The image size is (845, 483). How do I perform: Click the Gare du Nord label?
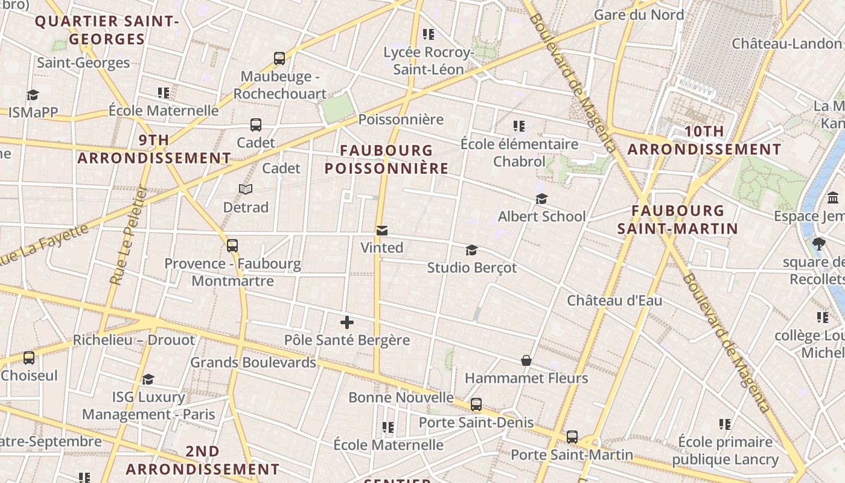[x=639, y=14]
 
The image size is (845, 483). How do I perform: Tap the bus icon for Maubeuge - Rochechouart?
[x=279, y=59]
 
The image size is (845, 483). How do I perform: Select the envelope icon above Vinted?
[x=382, y=231]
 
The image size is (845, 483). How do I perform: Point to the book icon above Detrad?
[x=245, y=190]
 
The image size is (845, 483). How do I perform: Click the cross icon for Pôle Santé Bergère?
[x=347, y=322]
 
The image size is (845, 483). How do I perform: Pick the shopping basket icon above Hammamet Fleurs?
[x=526, y=360]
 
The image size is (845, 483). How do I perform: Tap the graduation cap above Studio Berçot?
[x=471, y=250]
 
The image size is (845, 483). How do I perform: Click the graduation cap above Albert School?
[x=541, y=199]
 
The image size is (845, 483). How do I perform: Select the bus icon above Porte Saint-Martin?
[x=572, y=437]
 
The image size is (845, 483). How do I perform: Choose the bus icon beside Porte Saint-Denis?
[x=476, y=405]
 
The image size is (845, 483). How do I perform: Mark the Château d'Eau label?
[x=614, y=300]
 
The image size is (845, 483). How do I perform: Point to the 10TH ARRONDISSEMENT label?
[x=704, y=140]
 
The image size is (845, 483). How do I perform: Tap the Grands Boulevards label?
[x=253, y=362]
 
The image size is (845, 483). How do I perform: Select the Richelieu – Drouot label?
[x=134, y=340]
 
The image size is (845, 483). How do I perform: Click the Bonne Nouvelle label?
[x=401, y=397]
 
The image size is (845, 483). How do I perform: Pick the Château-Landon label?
[x=786, y=43]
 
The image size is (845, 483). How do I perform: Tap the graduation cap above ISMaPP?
[x=33, y=95]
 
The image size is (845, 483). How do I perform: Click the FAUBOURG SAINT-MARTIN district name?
[x=677, y=219]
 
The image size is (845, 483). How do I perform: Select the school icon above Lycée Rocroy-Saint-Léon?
[x=429, y=34]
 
